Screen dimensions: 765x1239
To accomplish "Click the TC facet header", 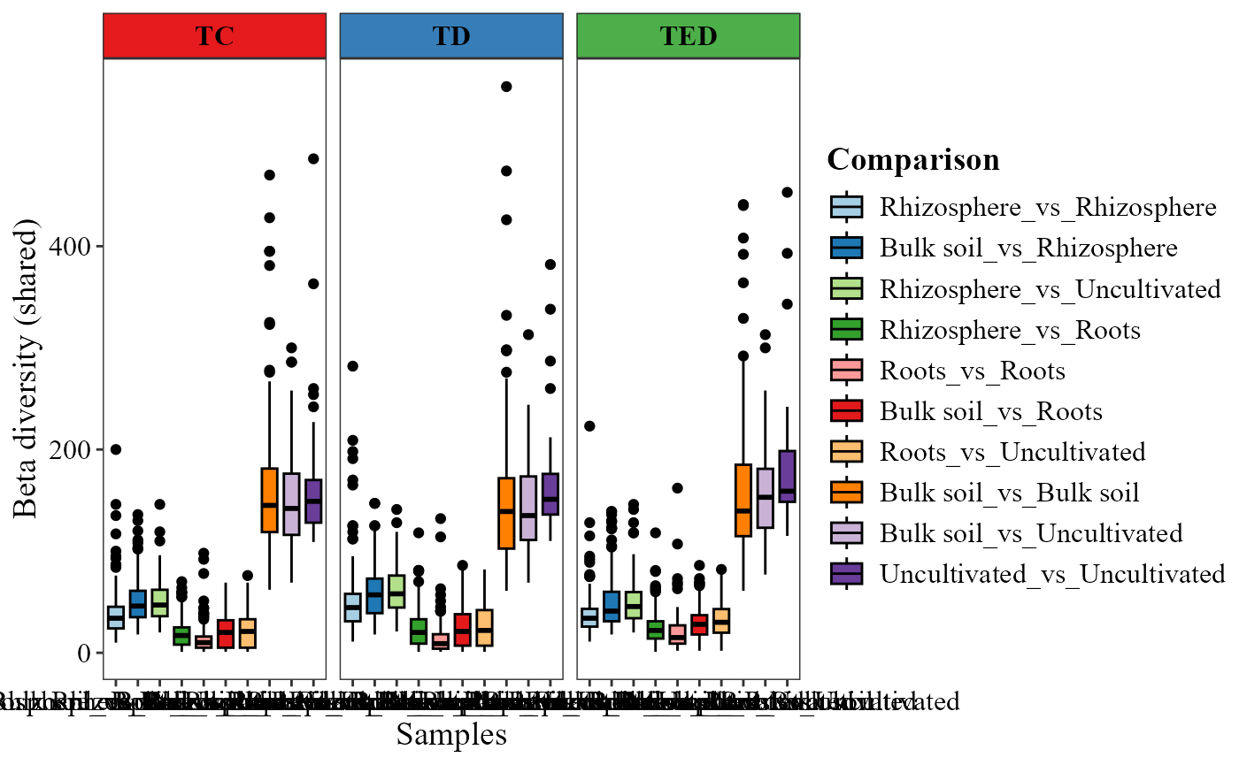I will pos(214,36).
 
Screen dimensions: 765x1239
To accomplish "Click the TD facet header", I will pos(451,36).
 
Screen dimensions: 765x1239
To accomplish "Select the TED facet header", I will pos(689,36).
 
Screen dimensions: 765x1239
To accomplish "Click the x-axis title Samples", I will pos(451,734).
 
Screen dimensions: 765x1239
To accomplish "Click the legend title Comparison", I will pos(913,160).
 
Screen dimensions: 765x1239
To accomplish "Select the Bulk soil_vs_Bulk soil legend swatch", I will pos(847,493).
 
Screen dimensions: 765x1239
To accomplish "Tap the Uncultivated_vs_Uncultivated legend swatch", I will pos(847,574).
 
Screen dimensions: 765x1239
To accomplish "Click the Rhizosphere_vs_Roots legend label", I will pos(1010,330).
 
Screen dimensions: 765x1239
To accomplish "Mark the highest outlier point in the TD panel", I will pos(506,87).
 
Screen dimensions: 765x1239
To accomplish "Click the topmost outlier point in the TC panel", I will pos(312,159).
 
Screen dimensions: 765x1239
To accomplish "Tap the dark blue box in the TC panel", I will pos(137,603).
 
